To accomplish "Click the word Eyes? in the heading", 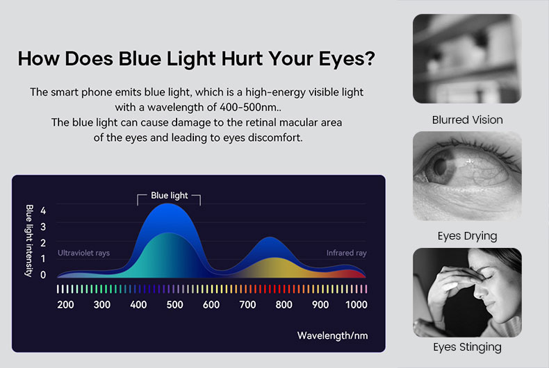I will coord(341,58).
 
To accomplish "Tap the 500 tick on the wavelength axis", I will coord(174,304).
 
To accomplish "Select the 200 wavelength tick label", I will coord(65,304).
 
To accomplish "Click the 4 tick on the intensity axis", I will coord(43,210).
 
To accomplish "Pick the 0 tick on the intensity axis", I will coord(43,274).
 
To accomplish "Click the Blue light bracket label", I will coord(169,196).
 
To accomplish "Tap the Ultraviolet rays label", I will coord(83,253).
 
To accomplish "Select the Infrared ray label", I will coord(346,253).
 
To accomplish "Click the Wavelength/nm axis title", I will coord(332,336).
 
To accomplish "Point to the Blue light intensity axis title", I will coord(29,240).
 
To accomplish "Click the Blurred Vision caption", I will coord(467,120).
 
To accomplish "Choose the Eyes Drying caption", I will coord(467,236).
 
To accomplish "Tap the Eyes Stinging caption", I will coord(467,347).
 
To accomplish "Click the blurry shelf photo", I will coord(467,59).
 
